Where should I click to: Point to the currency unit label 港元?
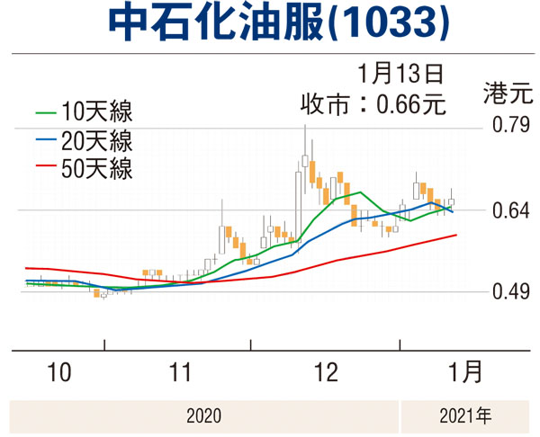pos(501,91)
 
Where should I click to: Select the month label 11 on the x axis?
pos(181,371)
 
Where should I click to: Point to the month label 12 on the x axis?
pos(326,371)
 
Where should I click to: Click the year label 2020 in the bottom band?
pos(203,415)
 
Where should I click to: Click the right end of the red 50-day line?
pos(457,235)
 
